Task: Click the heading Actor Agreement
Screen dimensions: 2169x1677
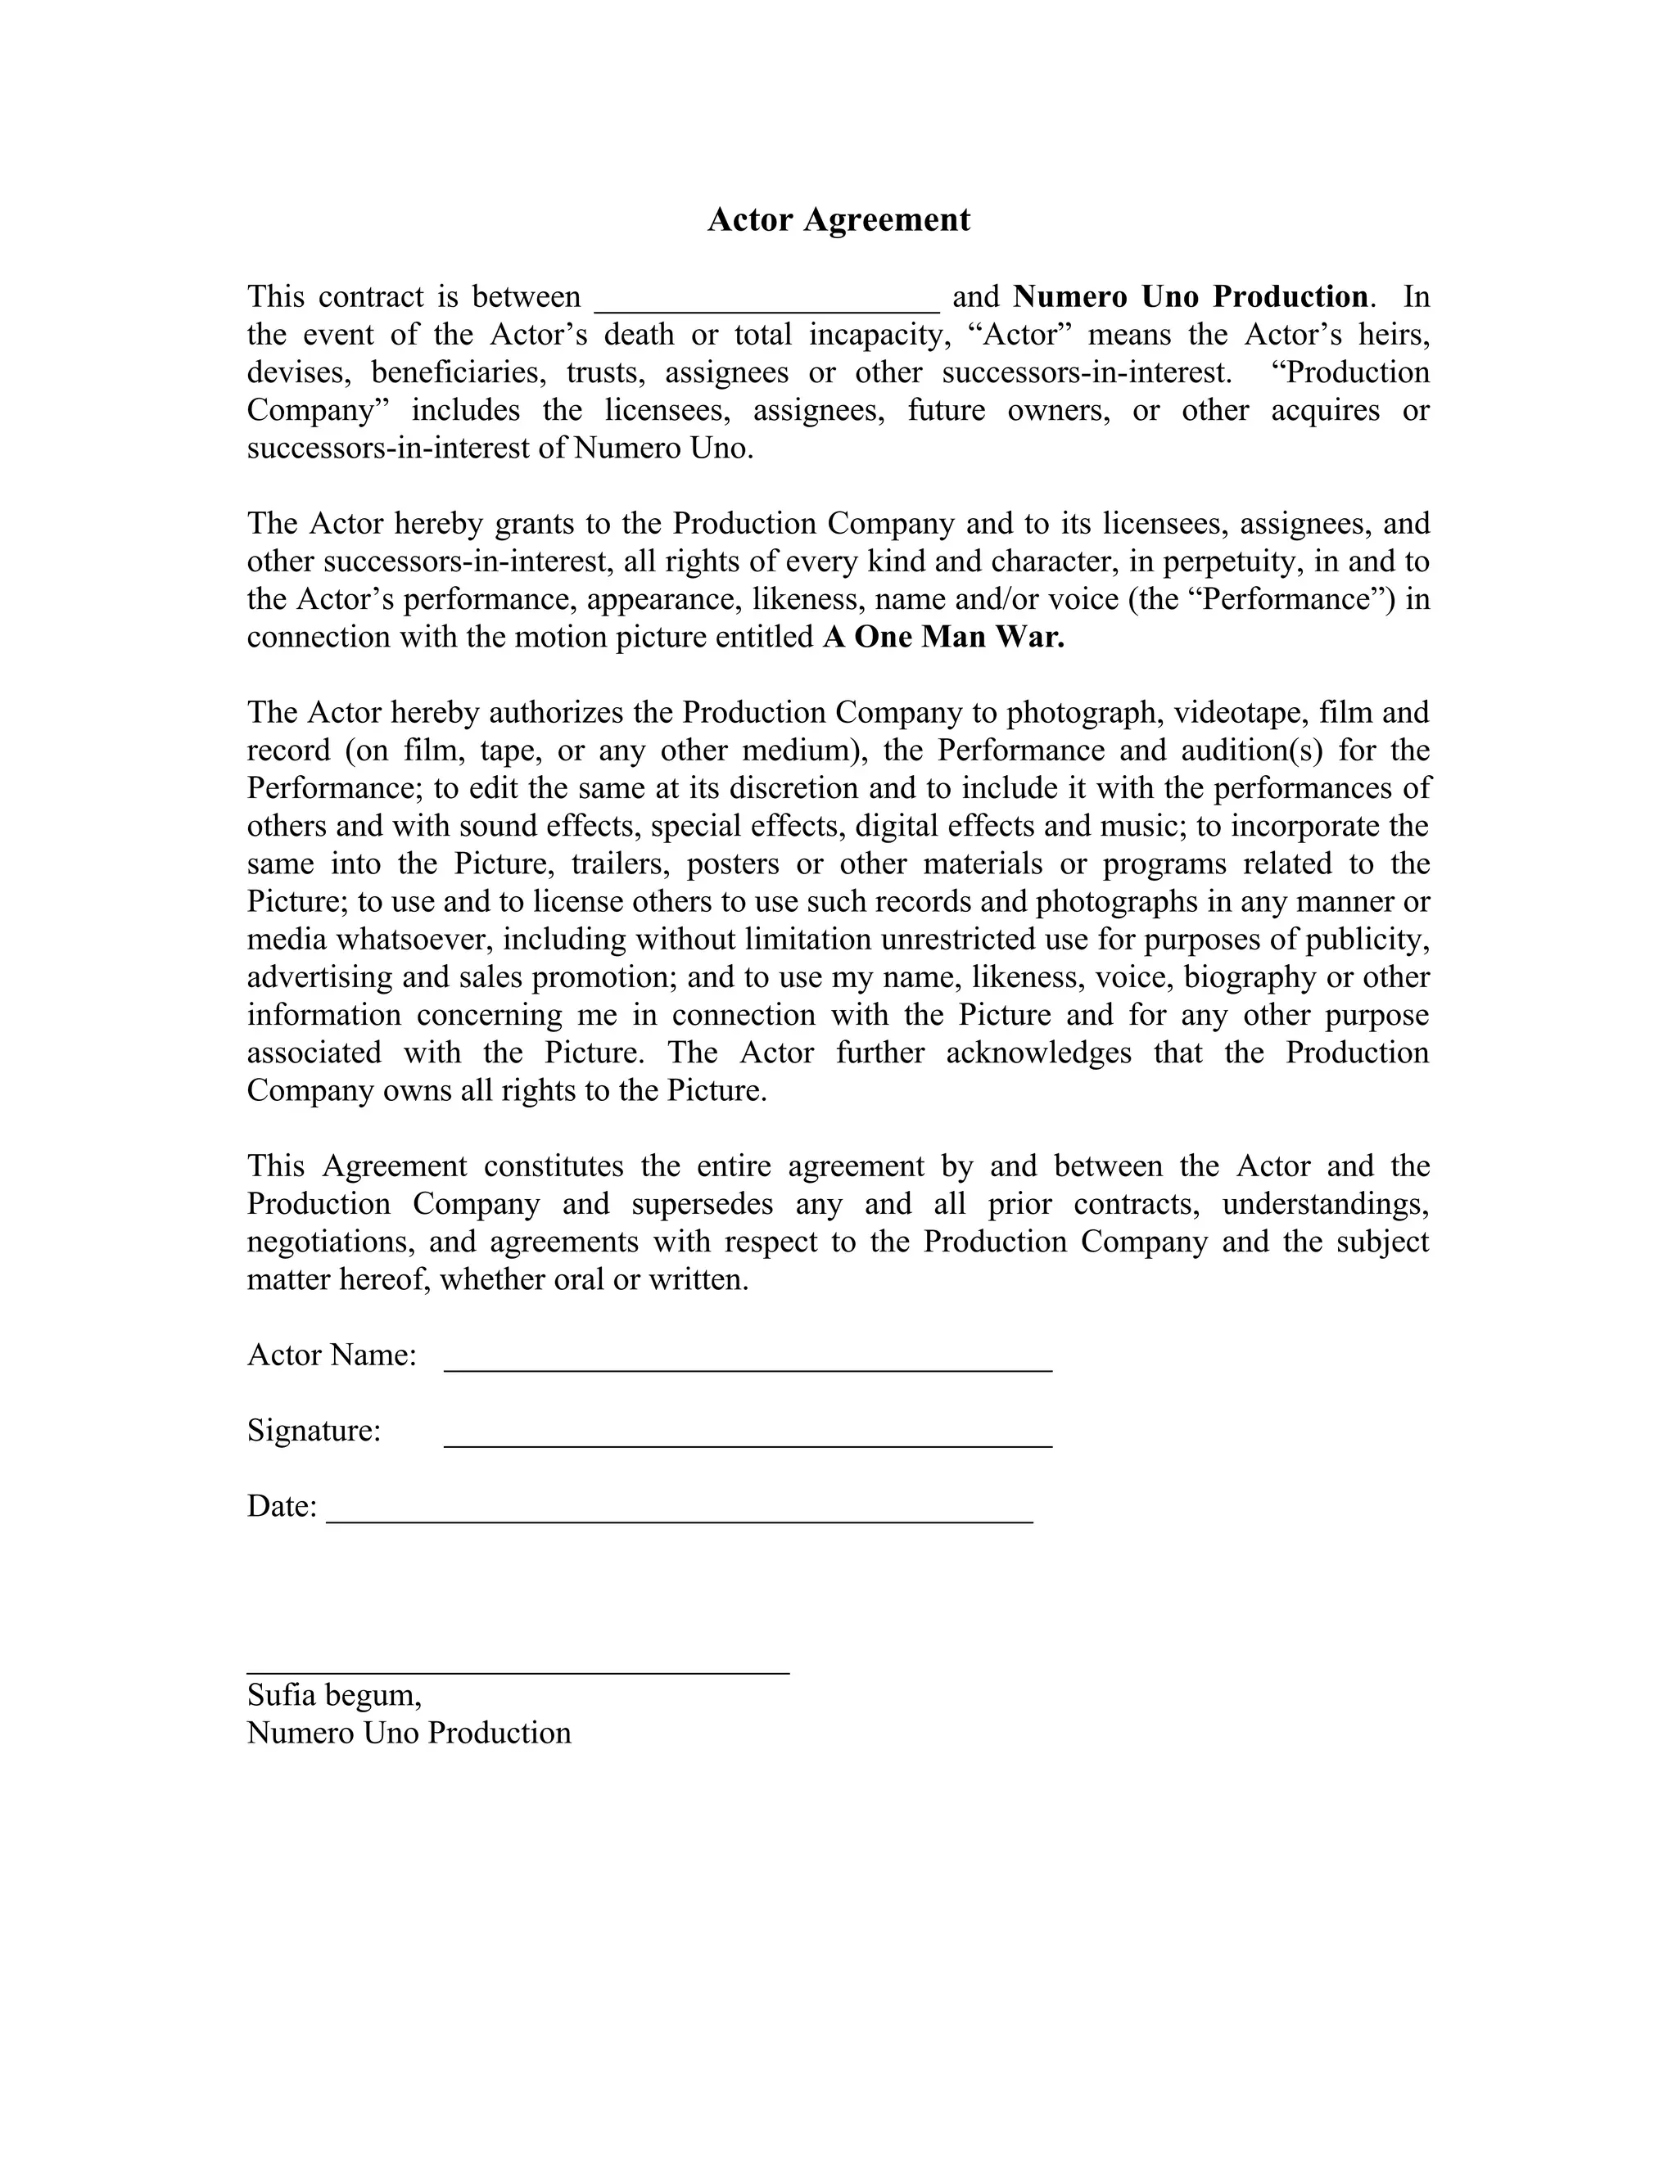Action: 838,219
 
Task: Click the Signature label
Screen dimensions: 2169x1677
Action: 314,1431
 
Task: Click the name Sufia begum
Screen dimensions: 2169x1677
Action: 334,1694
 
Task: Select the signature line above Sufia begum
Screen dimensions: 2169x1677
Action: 518,1671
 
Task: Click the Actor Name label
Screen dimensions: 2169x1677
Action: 332,1355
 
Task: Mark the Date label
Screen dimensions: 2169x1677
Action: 281,1507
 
